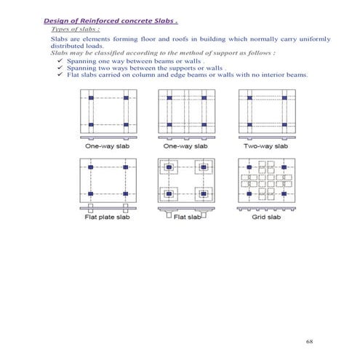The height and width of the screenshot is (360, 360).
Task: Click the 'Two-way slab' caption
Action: [x=266, y=145]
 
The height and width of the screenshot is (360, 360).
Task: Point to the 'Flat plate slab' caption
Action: [x=106, y=217]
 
